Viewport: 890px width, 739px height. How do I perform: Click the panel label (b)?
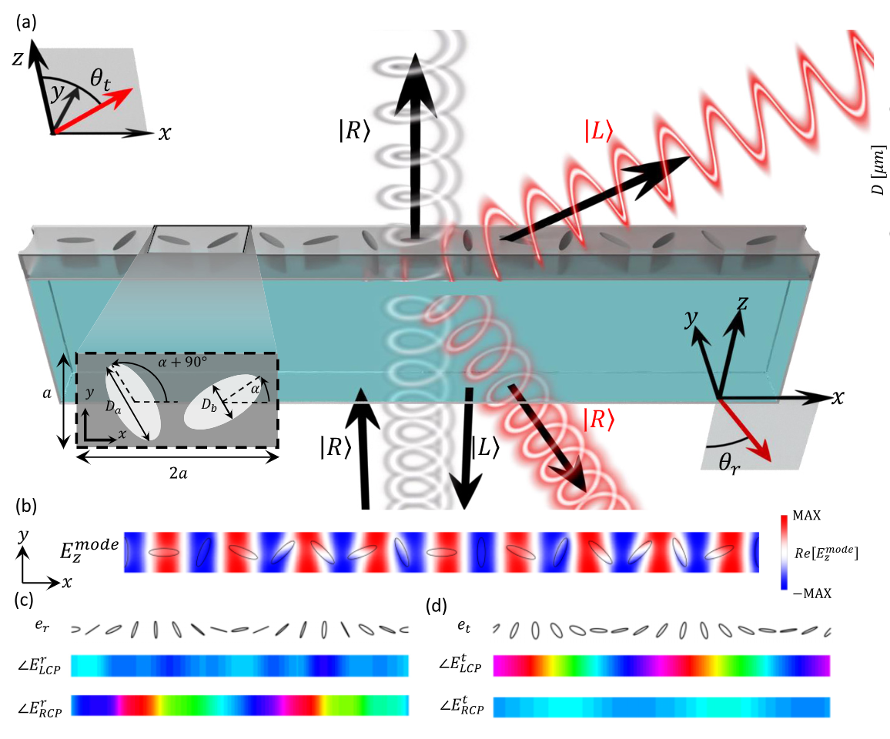25,507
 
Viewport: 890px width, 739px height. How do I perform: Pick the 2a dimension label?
177,472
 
